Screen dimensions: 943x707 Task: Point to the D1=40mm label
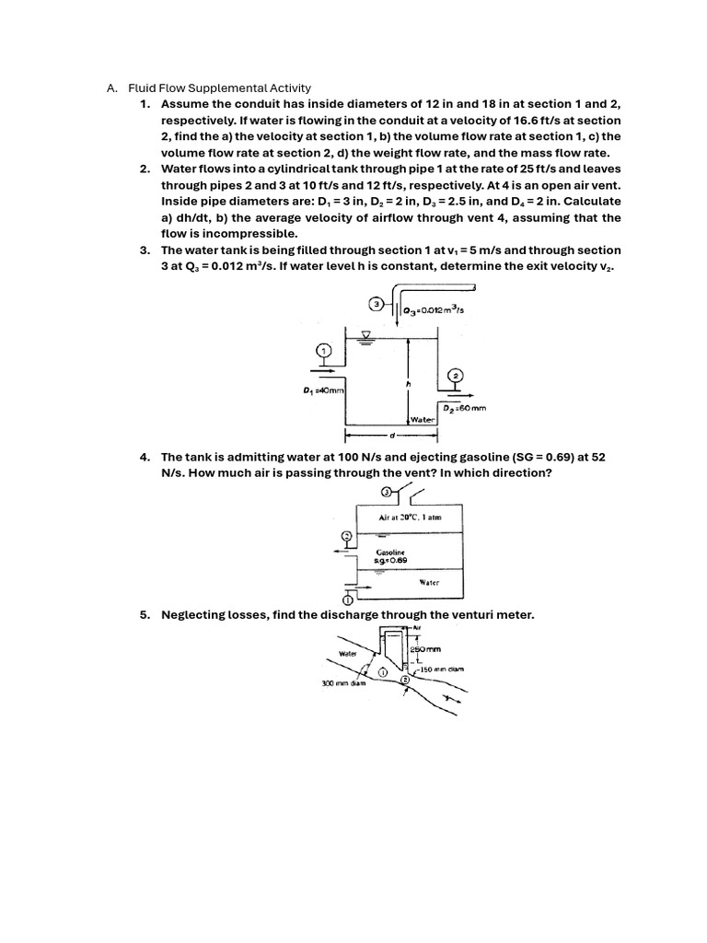324,390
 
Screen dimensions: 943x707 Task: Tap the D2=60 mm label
465,407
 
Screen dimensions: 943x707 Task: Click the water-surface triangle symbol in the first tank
366,333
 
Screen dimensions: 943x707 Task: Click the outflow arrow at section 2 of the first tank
456,392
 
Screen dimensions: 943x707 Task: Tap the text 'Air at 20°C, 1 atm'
410,518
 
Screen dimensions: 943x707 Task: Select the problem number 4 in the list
145,457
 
